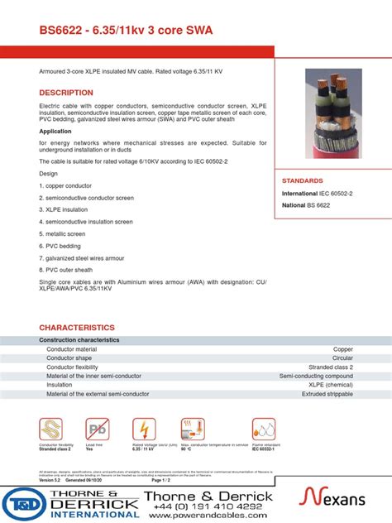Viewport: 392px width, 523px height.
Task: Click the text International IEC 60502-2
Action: tap(318, 193)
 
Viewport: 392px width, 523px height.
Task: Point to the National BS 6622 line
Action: tap(305, 204)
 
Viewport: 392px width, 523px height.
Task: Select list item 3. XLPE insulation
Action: tap(64, 210)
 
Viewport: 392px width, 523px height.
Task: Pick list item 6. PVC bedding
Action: tap(60, 246)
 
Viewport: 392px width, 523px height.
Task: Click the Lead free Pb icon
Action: tap(96, 429)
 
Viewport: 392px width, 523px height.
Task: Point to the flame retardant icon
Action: tap(264, 429)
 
